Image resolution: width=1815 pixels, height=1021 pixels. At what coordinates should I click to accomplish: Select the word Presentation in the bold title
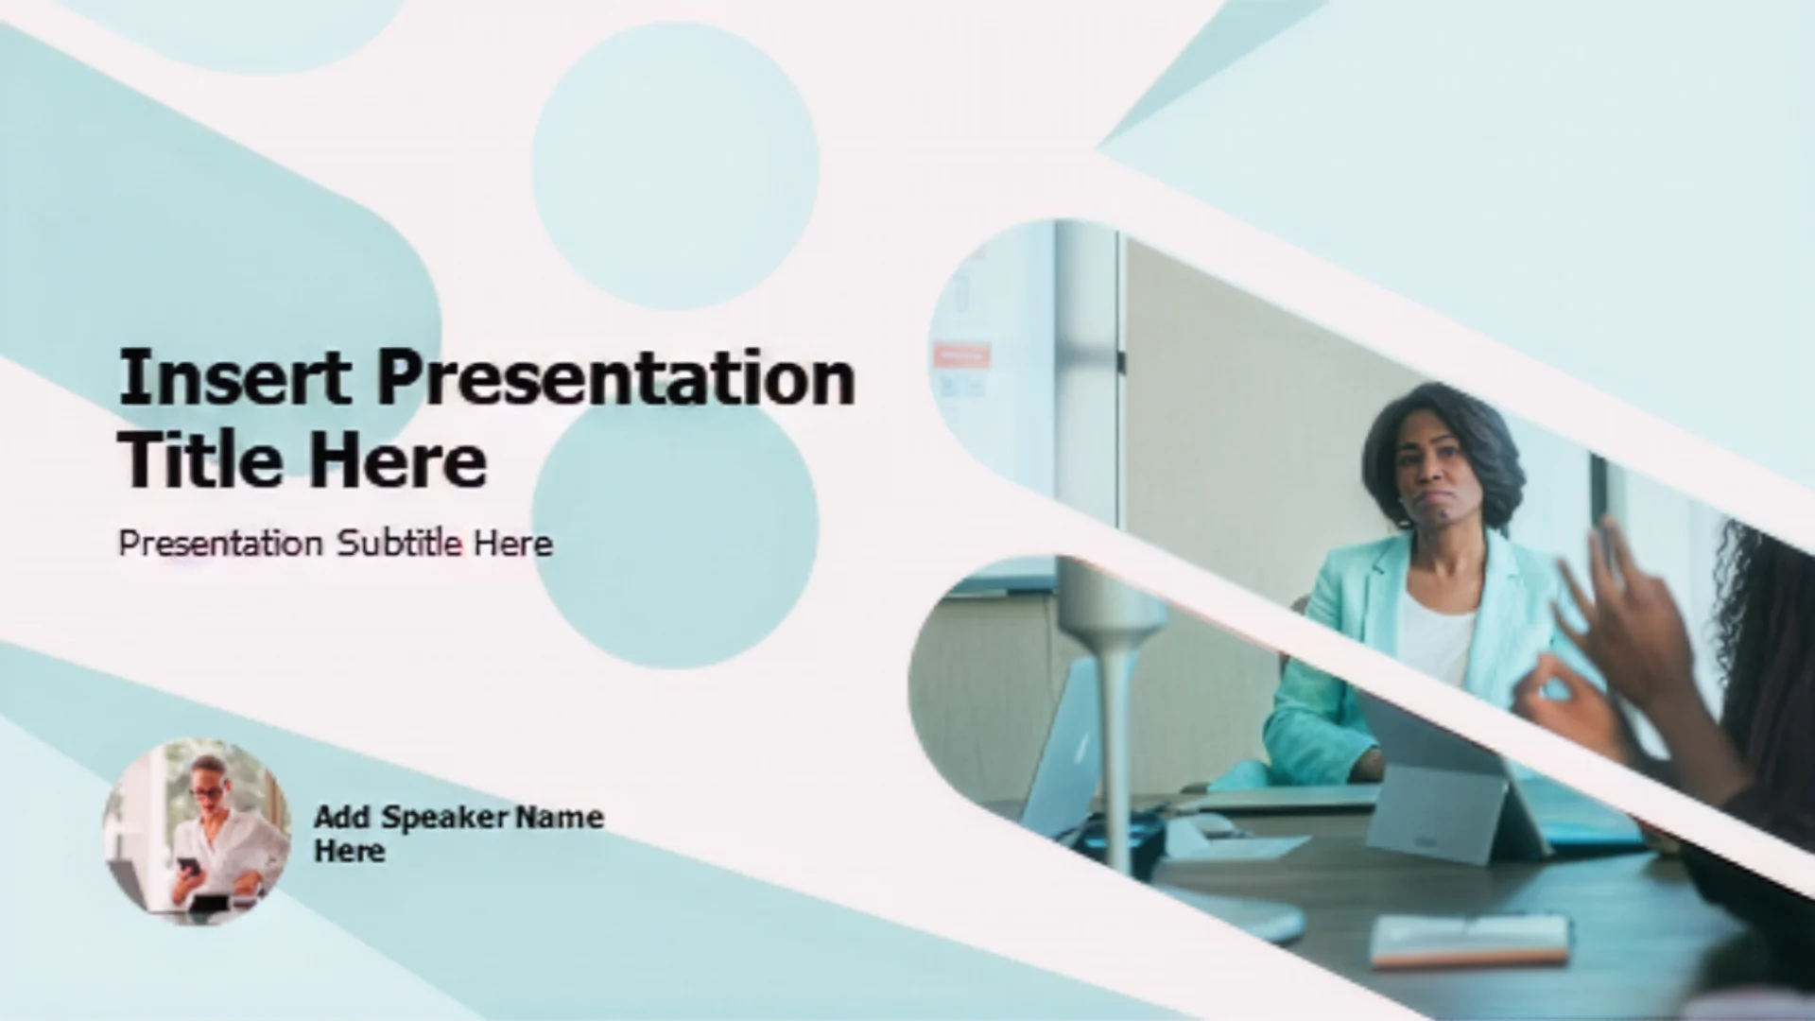click(x=617, y=378)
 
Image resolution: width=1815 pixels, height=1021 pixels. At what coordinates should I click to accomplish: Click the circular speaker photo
click(x=196, y=831)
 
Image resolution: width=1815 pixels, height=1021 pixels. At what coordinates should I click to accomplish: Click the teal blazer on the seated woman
click(x=1342, y=662)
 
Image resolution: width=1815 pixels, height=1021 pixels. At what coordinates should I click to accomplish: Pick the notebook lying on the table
click(x=1470, y=938)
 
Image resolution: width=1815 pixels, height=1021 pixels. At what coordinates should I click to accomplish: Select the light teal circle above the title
click(x=675, y=165)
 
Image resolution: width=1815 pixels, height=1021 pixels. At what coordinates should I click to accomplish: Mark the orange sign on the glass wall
click(x=960, y=355)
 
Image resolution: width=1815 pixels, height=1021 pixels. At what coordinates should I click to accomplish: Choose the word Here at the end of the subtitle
click(x=513, y=544)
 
